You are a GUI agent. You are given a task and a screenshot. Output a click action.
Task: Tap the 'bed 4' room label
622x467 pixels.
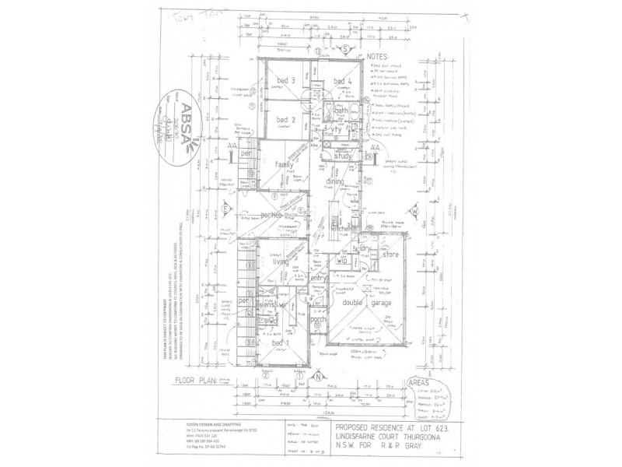pos(343,82)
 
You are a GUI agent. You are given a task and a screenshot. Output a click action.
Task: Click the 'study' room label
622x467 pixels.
pos(343,156)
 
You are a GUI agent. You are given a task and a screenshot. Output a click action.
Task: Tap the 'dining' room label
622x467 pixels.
pos(335,181)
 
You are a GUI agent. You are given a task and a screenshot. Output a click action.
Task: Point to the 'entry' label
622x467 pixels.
pos(318,278)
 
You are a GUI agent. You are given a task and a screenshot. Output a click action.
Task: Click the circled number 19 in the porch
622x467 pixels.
pos(318,325)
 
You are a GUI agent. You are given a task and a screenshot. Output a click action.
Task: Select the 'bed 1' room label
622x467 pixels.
pos(280,343)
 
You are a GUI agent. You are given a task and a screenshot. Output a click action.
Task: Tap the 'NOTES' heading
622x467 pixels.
pos(378,57)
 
